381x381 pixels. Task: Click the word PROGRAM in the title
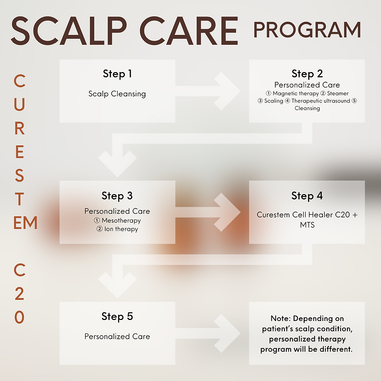tap(307, 30)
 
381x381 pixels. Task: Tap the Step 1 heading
tap(117, 74)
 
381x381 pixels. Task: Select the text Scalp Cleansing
tap(117, 94)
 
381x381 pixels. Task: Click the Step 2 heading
tap(307, 74)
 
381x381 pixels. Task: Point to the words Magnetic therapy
tap(295, 94)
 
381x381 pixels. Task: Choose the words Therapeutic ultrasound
tap(321, 101)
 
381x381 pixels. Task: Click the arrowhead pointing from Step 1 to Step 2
tap(227, 91)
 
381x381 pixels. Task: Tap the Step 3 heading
tap(117, 196)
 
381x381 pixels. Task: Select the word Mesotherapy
tap(121, 221)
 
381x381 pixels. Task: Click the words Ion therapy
tap(121, 229)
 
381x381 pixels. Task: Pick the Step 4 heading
tap(307, 196)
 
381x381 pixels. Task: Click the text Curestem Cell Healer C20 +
tap(307, 215)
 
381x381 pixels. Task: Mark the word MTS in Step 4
tap(307, 225)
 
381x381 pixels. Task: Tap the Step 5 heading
tap(117, 317)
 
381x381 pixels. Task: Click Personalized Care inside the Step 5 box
tap(117, 336)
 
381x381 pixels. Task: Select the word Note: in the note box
tap(281, 319)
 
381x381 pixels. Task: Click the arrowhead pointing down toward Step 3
tap(117, 164)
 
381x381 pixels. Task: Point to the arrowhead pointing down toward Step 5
tap(117, 285)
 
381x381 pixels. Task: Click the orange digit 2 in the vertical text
tap(20, 294)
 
